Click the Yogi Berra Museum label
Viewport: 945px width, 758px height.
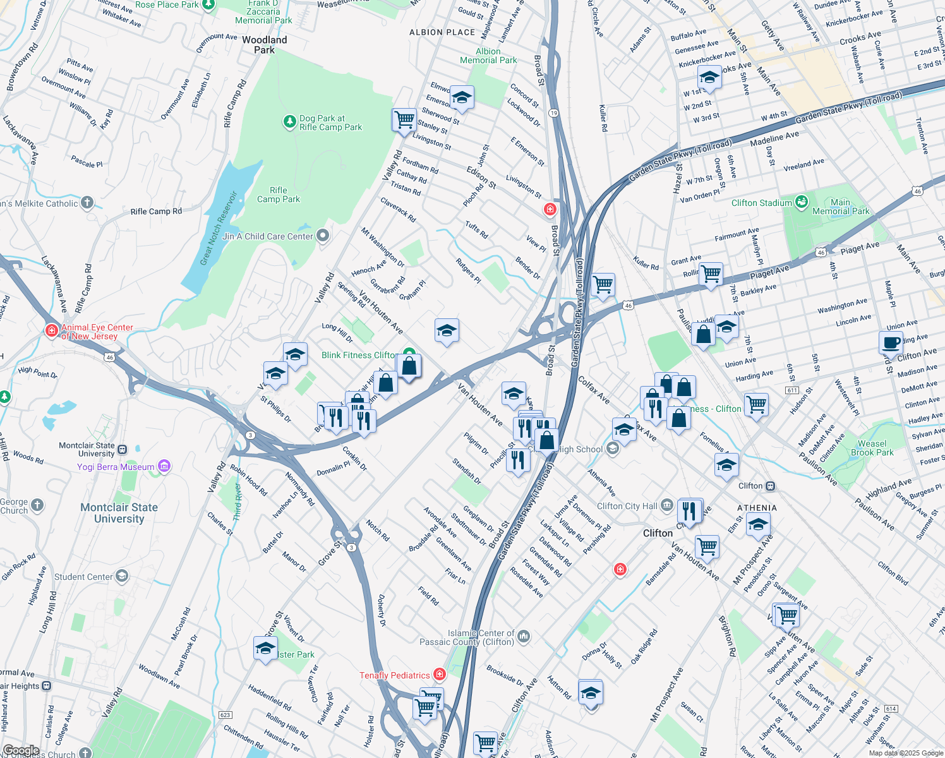pyautogui.click(x=116, y=467)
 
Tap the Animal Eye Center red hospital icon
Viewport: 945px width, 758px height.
pyautogui.click(x=52, y=331)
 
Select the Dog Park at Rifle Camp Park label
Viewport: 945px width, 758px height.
pyautogui.click(x=330, y=123)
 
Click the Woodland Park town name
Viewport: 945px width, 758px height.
pyautogui.click(x=264, y=45)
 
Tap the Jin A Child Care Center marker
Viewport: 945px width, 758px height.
pyautogui.click(x=323, y=236)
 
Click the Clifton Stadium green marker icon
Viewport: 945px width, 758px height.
pyautogui.click(x=802, y=202)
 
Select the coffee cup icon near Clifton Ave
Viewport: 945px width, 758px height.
pyautogui.click(x=891, y=343)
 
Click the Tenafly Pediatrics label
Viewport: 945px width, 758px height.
pyautogui.click(x=394, y=675)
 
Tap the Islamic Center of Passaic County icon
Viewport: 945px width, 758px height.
pyautogui.click(x=524, y=637)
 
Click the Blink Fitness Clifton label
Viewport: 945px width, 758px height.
pyautogui.click(x=359, y=355)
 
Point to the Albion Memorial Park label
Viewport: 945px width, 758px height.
pyautogui.click(x=488, y=56)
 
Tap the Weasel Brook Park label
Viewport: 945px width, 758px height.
pyautogui.click(x=872, y=448)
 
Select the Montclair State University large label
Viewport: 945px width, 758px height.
pyautogui.click(x=119, y=513)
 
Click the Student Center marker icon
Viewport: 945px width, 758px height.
pyautogui.click(x=122, y=576)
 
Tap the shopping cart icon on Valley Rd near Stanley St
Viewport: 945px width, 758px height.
pyautogui.click(x=404, y=119)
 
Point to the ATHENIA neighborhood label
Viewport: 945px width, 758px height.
pyautogui.click(x=757, y=508)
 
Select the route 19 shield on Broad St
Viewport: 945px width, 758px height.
pyautogui.click(x=553, y=113)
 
